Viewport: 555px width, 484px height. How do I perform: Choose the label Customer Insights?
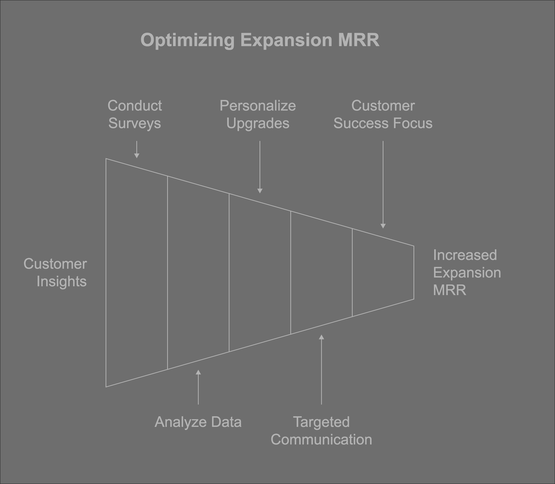(56, 273)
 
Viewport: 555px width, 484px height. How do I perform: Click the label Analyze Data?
(198, 422)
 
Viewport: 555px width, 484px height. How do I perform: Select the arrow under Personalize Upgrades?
(260, 191)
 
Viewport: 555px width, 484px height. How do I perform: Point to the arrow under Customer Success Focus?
(383, 226)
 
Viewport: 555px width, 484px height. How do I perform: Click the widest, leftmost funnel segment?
(137, 273)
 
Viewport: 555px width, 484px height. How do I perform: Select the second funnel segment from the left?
(198, 273)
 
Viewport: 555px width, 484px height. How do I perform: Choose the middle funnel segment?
(260, 273)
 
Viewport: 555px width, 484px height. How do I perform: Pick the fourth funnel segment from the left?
(321, 273)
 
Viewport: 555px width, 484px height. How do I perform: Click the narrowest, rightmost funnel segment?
(383, 273)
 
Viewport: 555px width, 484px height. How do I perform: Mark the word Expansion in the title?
(286, 40)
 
